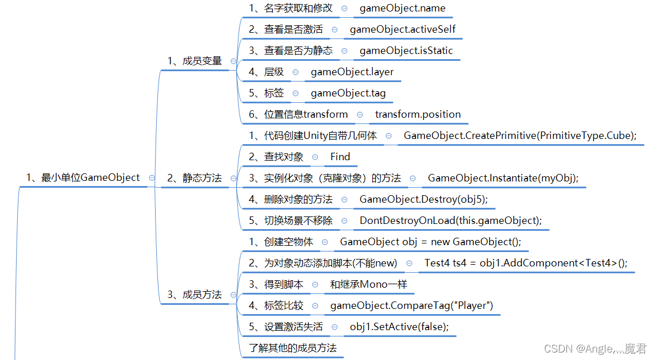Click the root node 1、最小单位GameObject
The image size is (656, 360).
pos(83,177)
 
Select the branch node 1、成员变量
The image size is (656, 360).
pos(194,60)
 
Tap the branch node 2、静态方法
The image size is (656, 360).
pos(194,178)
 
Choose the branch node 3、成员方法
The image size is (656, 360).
pos(194,295)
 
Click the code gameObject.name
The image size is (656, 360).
pos(402,9)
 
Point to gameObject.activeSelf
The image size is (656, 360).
pos(403,29)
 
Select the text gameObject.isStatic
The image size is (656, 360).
pos(406,51)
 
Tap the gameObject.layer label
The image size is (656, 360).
pos(352,72)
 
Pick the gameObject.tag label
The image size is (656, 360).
pos(348,93)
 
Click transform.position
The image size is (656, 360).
pos(418,114)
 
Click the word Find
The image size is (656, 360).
pos(340,157)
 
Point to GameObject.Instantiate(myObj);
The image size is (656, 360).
pos(503,178)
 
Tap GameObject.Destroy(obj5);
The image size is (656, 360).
pos(427,199)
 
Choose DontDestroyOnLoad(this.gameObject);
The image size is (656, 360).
pos(450,220)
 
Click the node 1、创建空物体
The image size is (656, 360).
pos(281,242)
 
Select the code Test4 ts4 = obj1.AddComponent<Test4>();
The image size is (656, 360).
pos(526,263)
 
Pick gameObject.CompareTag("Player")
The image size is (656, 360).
pos(412,305)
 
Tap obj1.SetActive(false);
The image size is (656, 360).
pos(399,327)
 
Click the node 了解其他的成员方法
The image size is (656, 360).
pos(292,348)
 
